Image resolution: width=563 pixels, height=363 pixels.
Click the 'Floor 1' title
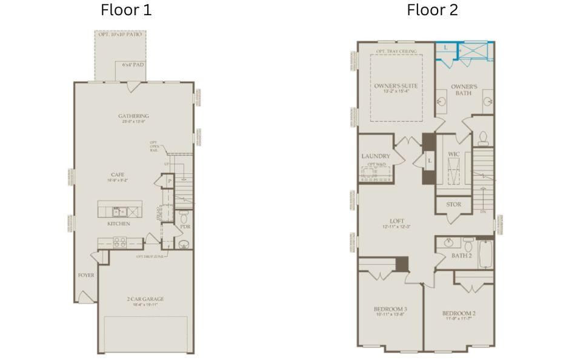click(126, 10)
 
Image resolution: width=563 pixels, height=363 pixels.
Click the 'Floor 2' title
click(433, 10)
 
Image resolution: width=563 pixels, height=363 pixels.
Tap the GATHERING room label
click(133, 116)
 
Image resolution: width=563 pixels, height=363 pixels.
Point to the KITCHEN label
click(119, 224)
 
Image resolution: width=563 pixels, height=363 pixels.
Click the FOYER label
click(86, 275)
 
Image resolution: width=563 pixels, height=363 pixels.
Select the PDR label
click(185, 227)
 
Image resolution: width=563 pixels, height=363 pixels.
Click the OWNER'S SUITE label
click(396, 87)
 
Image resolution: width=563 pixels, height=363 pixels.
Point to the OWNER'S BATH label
click(464, 90)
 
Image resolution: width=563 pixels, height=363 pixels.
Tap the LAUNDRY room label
click(375, 156)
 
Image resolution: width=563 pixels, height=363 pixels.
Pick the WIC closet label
click(454, 154)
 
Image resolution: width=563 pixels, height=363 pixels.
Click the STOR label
click(453, 204)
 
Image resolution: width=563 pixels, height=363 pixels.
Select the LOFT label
click(397, 221)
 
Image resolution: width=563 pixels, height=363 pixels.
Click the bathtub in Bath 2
click(486, 253)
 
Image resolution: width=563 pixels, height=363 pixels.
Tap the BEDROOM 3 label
click(390, 309)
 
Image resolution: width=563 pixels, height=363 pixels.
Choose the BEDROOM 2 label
click(458, 313)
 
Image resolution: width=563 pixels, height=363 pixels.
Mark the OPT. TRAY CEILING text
click(396, 51)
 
